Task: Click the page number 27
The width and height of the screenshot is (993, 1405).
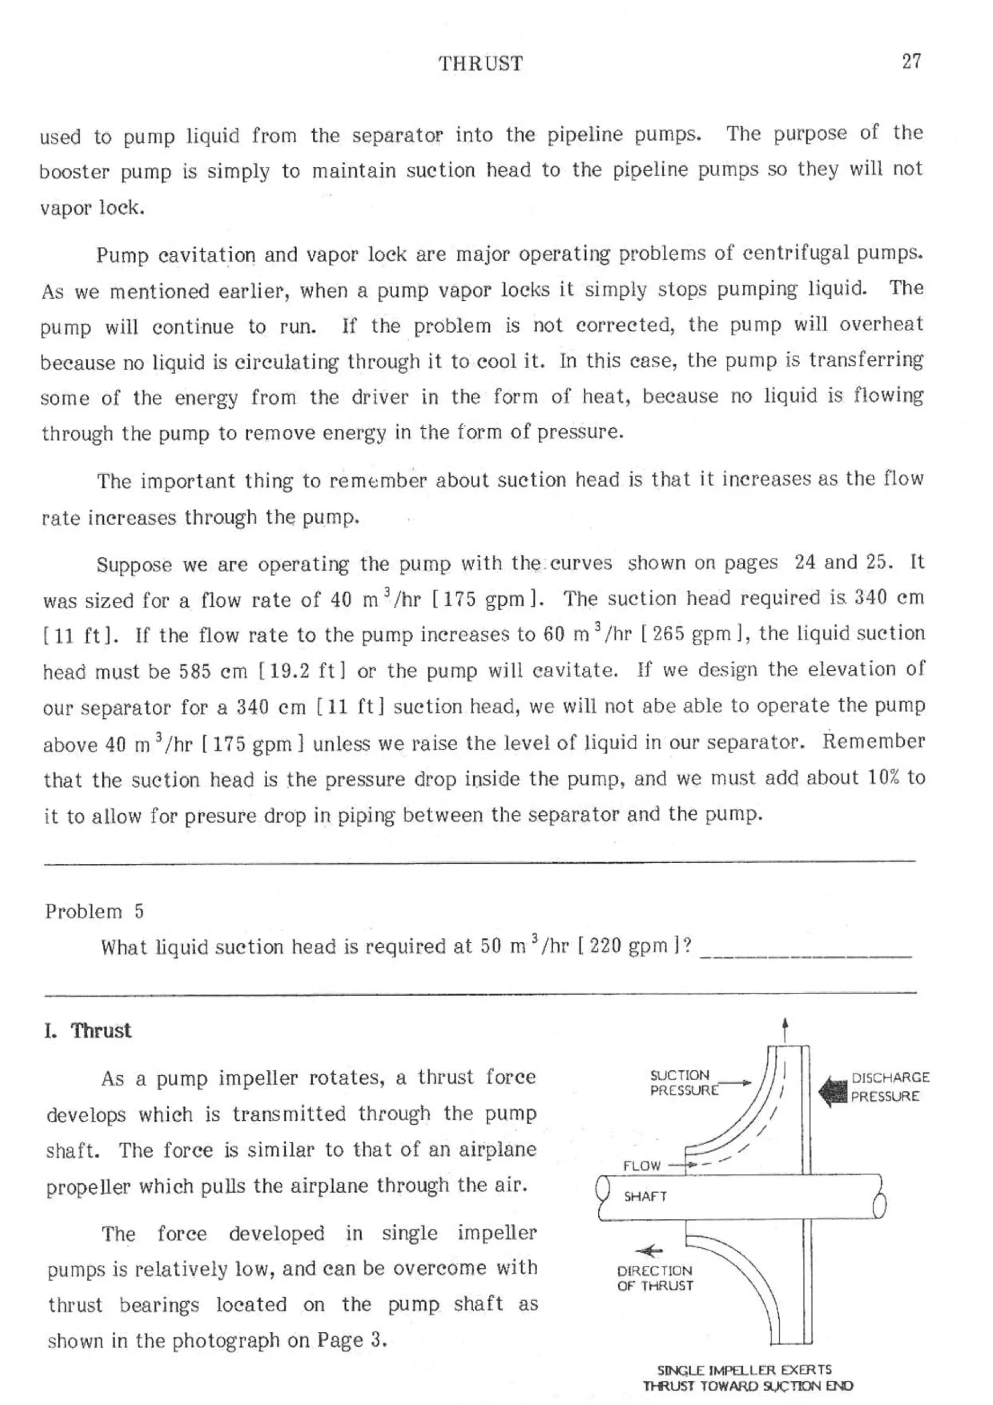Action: pos(911,62)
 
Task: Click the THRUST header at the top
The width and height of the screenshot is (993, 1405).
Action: pos(480,64)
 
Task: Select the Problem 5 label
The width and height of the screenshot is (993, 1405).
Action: pos(94,912)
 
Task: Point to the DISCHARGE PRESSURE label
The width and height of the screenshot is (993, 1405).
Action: pos(890,1087)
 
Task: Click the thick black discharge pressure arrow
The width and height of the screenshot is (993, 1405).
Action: pos(834,1092)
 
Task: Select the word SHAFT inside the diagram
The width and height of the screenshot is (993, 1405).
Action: pos(645,1196)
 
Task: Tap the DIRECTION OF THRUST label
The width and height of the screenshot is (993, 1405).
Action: pos(655,1278)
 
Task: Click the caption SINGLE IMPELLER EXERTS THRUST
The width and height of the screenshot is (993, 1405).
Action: pos(747,1377)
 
